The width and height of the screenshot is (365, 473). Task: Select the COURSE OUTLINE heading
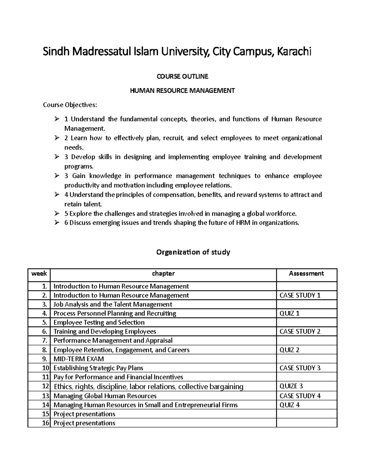(x=182, y=76)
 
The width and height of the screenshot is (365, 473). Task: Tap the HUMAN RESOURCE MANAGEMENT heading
(x=182, y=91)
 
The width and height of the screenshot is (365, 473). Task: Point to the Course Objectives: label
(x=70, y=105)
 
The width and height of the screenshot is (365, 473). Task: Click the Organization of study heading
(x=193, y=252)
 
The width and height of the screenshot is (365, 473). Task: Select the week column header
(x=39, y=274)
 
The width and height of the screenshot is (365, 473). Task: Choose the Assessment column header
(x=306, y=274)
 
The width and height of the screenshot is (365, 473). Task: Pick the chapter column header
(x=163, y=274)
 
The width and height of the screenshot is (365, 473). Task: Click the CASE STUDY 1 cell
(x=300, y=295)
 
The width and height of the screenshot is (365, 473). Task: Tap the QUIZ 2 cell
(x=289, y=350)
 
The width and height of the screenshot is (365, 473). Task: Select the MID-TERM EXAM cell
(x=78, y=359)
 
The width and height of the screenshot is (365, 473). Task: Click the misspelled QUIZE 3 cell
(x=291, y=386)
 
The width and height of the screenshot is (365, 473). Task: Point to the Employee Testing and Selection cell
(x=99, y=322)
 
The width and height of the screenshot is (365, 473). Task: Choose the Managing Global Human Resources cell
(x=105, y=396)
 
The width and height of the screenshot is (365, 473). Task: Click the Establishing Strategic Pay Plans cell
(x=98, y=368)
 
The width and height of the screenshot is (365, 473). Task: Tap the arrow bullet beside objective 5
(x=57, y=214)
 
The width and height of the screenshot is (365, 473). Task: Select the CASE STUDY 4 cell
(x=300, y=396)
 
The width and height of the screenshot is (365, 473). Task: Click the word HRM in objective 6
(x=242, y=223)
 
